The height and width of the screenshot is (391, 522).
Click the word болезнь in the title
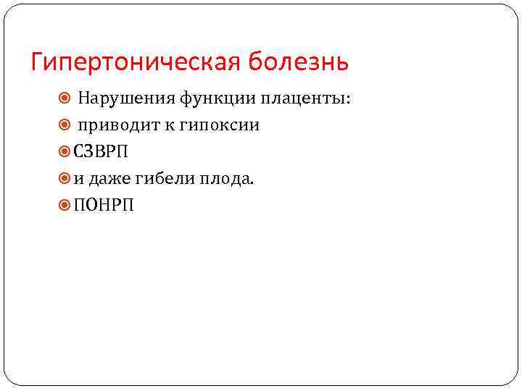(299, 62)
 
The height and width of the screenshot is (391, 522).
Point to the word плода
(226, 179)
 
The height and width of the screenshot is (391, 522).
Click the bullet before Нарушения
(65, 98)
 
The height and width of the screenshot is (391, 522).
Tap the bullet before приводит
(65, 125)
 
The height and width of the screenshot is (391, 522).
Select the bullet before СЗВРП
(65, 152)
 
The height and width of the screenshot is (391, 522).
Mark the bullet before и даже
(65, 179)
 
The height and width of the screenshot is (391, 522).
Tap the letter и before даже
(78, 180)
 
